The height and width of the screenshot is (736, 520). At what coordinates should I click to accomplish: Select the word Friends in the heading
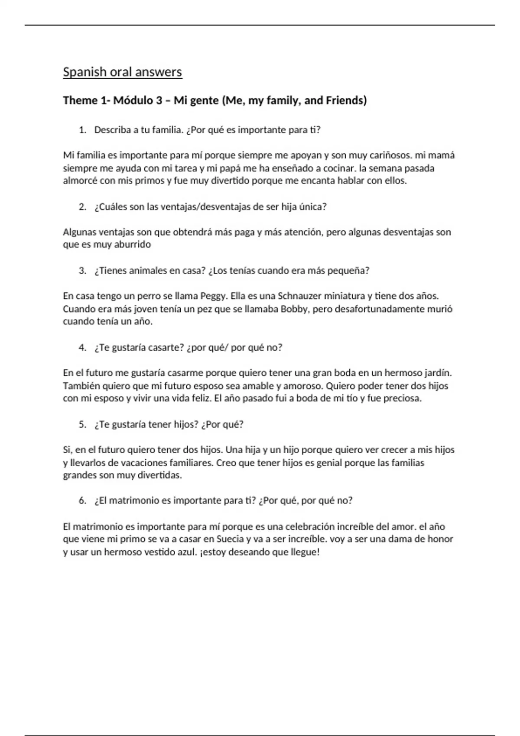346,100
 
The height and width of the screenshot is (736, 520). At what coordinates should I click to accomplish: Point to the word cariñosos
389,155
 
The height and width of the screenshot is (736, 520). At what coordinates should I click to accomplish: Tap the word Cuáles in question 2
110,207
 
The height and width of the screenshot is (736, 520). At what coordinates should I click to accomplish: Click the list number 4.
82,348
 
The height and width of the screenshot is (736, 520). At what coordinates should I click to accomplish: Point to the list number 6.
82,501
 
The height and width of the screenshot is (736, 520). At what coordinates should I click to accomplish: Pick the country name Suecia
231,539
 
